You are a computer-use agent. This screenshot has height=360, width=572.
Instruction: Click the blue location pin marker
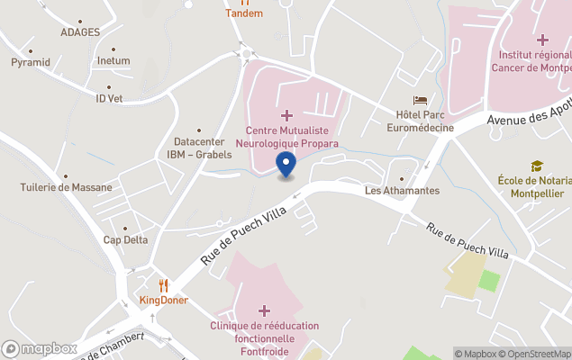click(x=286, y=166)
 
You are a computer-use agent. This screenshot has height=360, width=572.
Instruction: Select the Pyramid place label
click(x=31, y=62)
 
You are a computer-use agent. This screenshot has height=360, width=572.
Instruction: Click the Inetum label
click(x=113, y=61)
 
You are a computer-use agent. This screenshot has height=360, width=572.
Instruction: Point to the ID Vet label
click(x=109, y=98)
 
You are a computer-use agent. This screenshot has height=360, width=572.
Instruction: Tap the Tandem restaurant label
click(x=244, y=13)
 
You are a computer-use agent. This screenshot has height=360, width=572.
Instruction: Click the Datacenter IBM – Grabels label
click(x=199, y=148)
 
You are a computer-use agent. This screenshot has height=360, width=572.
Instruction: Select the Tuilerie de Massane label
click(x=67, y=187)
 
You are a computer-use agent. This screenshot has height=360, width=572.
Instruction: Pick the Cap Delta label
click(x=125, y=239)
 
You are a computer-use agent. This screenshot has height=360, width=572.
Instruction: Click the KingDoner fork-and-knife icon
click(x=164, y=285)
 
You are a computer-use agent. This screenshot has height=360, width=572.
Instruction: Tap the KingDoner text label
click(x=164, y=300)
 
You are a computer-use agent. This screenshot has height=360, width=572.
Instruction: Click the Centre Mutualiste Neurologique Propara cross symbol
click(x=286, y=115)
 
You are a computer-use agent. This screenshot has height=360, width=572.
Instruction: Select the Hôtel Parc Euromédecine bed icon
click(x=420, y=101)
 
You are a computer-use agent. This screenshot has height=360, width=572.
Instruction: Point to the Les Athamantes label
click(x=402, y=191)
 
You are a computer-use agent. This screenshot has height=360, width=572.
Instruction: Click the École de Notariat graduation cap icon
click(x=537, y=166)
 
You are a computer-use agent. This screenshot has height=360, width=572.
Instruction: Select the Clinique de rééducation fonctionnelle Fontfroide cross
click(x=264, y=310)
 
